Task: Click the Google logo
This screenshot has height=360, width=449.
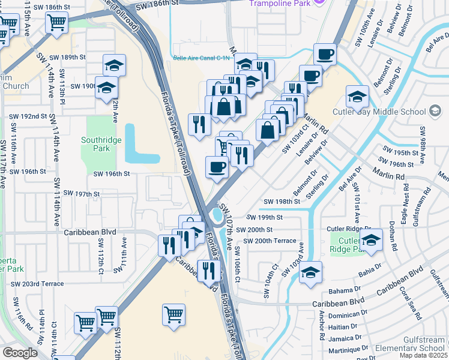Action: pos(20,353)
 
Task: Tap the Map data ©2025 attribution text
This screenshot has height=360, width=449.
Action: pos(423,355)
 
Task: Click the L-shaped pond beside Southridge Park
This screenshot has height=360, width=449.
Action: pos(137,147)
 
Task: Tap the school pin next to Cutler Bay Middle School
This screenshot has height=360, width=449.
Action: pos(357,96)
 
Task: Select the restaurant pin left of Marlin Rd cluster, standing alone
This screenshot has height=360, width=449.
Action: pos(199,124)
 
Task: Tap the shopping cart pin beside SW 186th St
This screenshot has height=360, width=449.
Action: pos(56,23)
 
